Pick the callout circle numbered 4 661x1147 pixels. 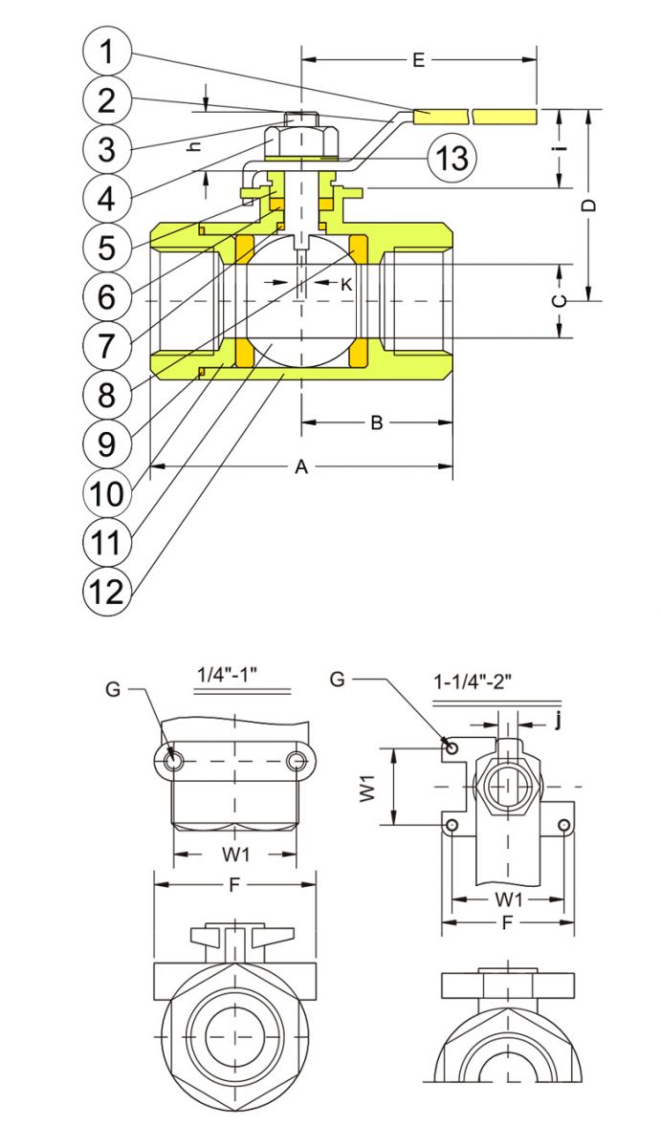point(106,199)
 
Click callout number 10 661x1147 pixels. point(106,492)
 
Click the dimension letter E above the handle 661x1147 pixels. point(418,60)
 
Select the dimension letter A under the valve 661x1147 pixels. point(301,467)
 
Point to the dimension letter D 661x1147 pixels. point(590,205)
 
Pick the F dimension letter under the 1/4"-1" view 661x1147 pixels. point(234,885)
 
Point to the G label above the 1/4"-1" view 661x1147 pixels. point(114,688)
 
